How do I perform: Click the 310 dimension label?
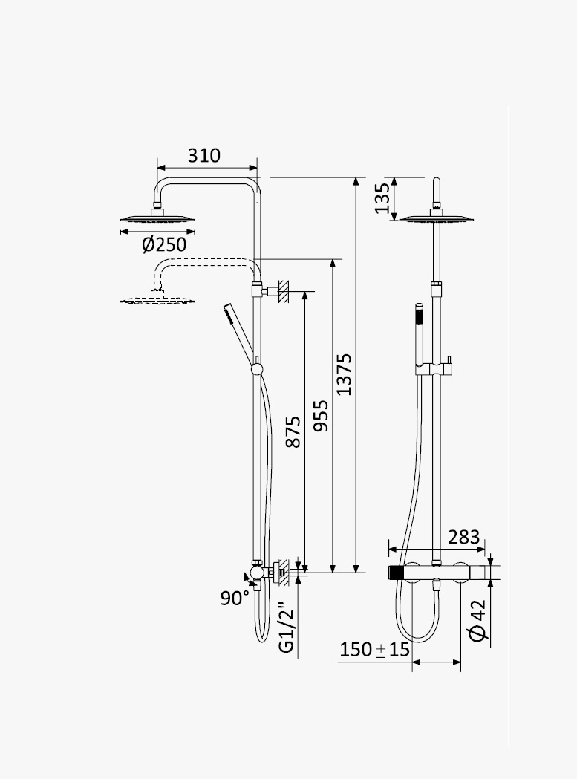203,155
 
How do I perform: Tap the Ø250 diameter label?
164,244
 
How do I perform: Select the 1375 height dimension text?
344,374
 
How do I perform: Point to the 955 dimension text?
322,415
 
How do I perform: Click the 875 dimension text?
294,431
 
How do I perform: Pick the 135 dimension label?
382,198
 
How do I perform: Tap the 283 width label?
463,537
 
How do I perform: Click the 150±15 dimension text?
375,649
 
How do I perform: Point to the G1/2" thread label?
287,628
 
